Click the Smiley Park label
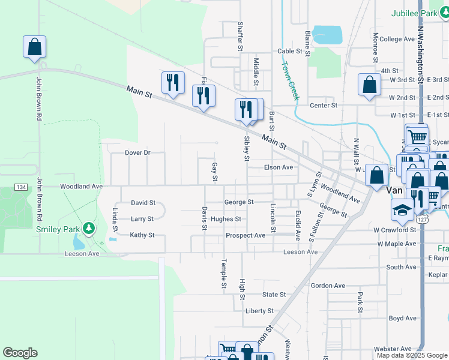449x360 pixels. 58,229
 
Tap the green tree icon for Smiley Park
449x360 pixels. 89,228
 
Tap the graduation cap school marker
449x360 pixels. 402,209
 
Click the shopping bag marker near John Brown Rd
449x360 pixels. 35,47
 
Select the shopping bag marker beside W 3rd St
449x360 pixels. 369,85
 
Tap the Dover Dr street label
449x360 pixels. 137,153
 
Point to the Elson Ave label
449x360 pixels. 279,167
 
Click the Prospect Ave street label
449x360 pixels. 246,236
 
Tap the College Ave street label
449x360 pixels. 397,39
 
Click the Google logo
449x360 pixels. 20,353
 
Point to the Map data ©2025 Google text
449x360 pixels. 412,355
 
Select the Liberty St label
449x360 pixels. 259,311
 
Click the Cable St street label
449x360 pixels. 289,52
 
